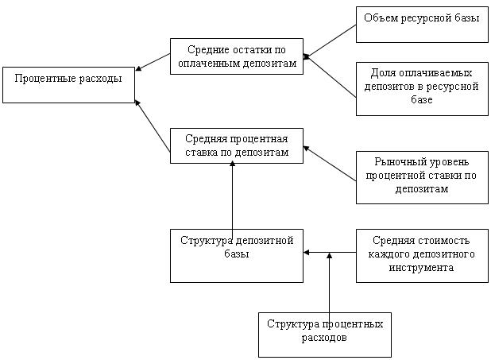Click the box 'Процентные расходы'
(68, 85)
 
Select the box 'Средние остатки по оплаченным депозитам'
(237, 56)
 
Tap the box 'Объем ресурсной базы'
(421, 25)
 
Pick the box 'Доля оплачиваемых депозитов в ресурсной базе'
(421, 87)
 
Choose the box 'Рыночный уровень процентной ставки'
(421, 176)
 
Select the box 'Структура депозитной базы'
(237, 254)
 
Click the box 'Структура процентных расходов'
(325, 334)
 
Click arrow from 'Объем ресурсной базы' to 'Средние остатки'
(330, 41)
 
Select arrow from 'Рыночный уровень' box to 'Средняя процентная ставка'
(330, 163)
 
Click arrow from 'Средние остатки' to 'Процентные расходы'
(153, 62)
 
